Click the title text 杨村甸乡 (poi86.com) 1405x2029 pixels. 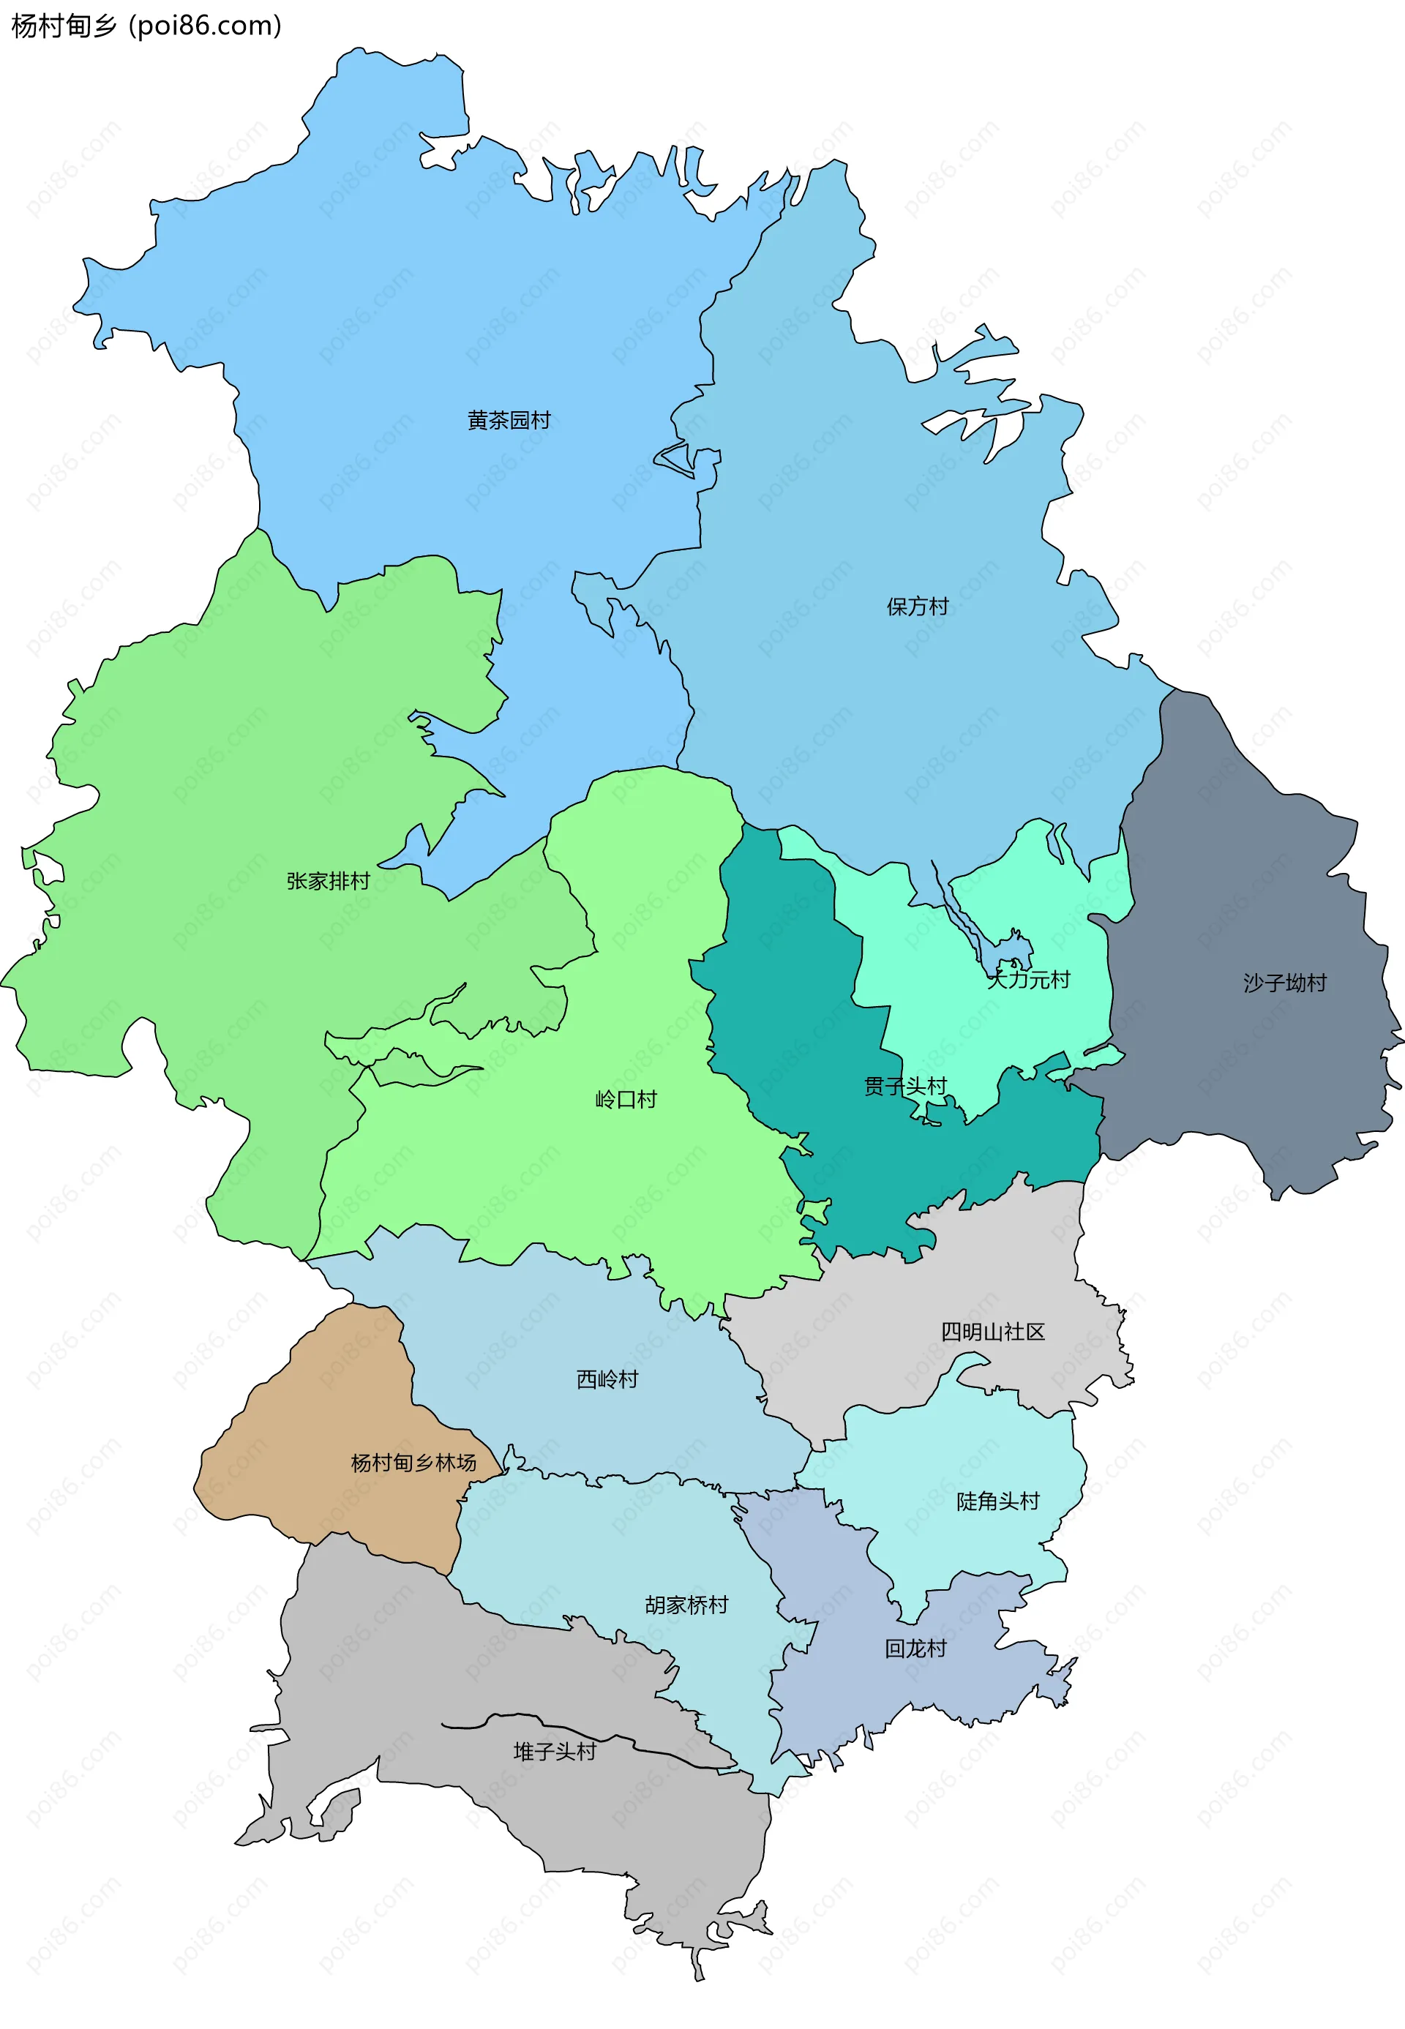pyautogui.click(x=146, y=26)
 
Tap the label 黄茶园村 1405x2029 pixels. pyautogui.click(x=509, y=421)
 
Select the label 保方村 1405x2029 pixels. pyautogui.click(x=918, y=607)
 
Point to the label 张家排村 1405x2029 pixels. pyautogui.click(x=329, y=881)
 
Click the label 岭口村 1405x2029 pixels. pyautogui.click(x=626, y=1100)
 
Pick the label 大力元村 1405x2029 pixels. pyautogui.click(x=1028, y=980)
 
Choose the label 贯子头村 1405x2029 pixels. pyautogui.click(x=905, y=1087)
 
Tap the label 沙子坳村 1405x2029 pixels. pyautogui.click(x=1284, y=983)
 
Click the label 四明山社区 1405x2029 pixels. pyautogui.click(x=992, y=1332)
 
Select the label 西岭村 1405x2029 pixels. pyautogui.click(x=607, y=1379)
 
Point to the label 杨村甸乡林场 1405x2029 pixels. pyautogui.click(x=413, y=1463)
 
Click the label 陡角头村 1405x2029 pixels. pyautogui.click(x=997, y=1501)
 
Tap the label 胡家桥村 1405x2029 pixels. pyautogui.click(x=686, y=1605)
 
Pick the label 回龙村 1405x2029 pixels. pyautogui.click(x=915, y=1649)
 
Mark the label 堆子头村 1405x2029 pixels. pyautogui.click(x=555, y=1752)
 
